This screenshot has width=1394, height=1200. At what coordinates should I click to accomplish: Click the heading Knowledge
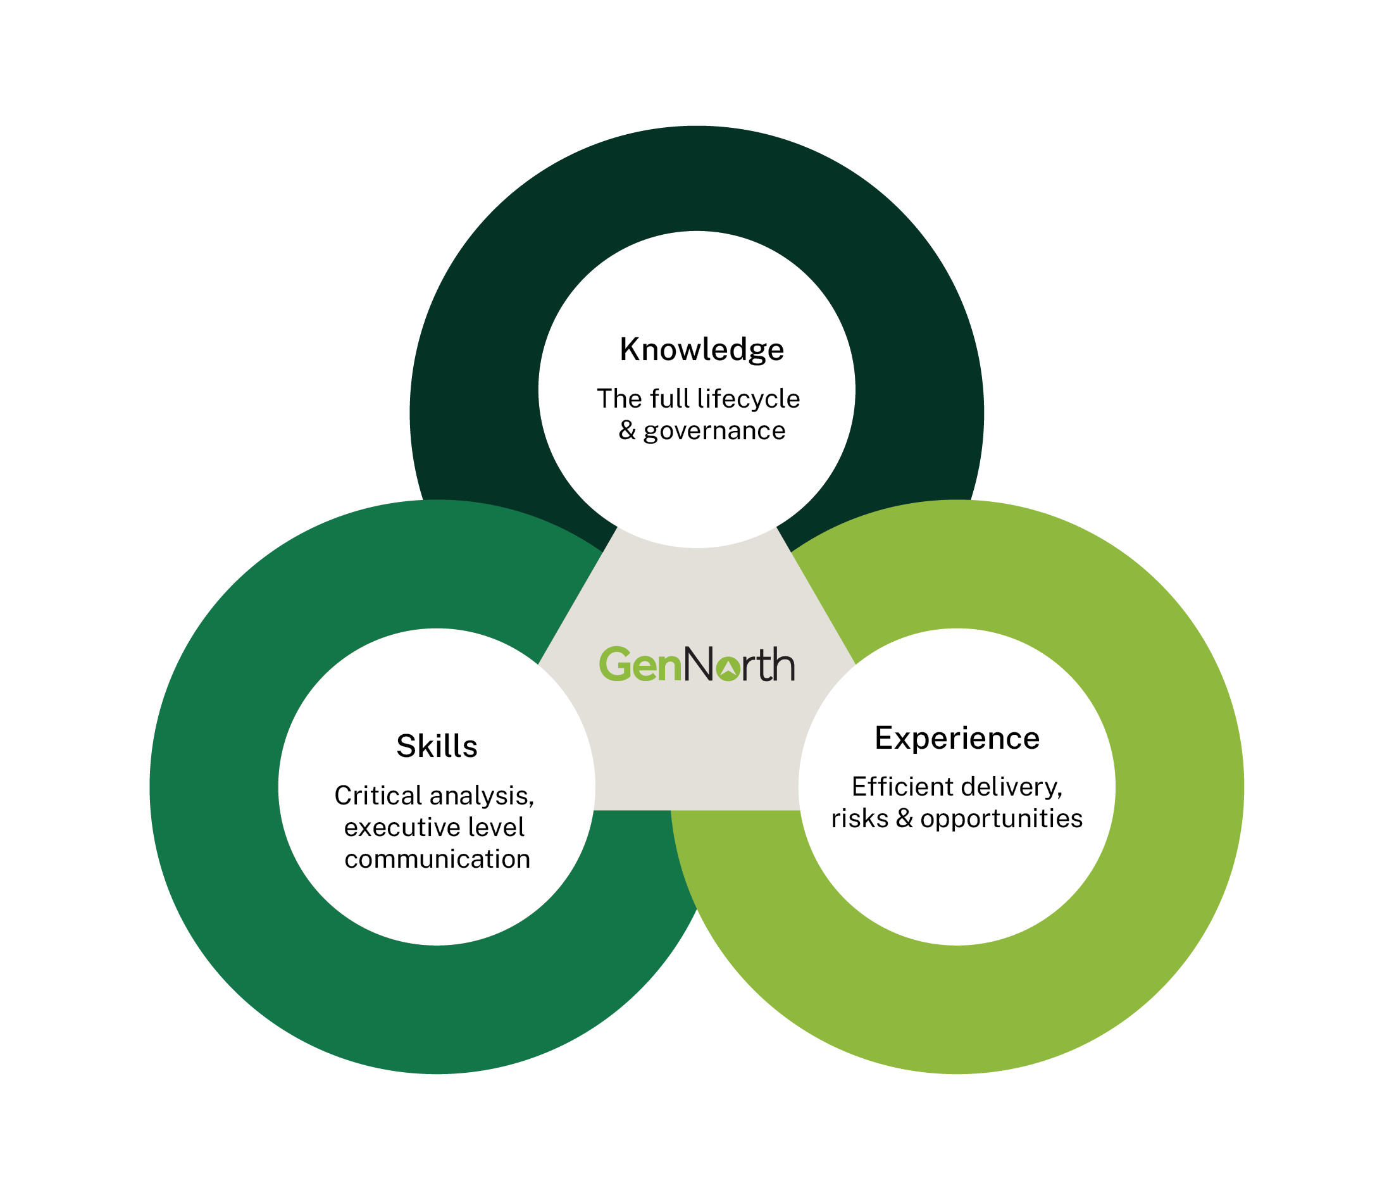tap(702, 350)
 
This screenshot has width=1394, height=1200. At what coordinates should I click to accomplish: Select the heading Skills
tap(437, 746)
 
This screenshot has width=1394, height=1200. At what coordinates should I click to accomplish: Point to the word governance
tap(714, 431)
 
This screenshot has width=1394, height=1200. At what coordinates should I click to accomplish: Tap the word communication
tap(437, 859)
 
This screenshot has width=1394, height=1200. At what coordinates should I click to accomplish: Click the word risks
tap(860, 819)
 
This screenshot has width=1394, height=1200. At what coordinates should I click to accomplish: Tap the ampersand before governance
tap(627, 431)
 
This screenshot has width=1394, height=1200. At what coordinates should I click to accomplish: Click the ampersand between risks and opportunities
tap(904, 819)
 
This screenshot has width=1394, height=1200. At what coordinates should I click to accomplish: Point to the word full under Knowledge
tap(669, 399)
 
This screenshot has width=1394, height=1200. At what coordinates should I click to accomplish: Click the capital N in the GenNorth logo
tap(699, 665)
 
